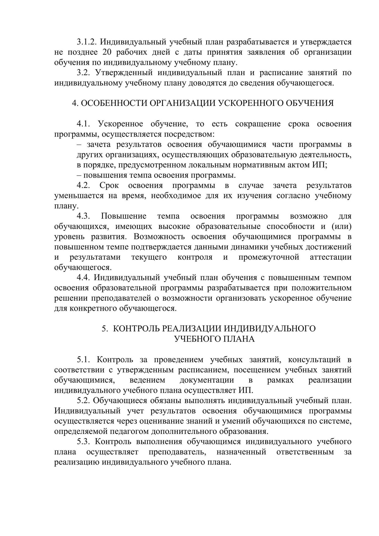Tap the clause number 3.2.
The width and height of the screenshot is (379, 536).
tap(84, 73)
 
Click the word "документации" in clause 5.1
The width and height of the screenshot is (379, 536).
tap(207, 380)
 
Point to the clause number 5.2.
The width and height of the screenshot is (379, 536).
tap(84, 401)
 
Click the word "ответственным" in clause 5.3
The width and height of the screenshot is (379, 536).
tap(305, 452)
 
